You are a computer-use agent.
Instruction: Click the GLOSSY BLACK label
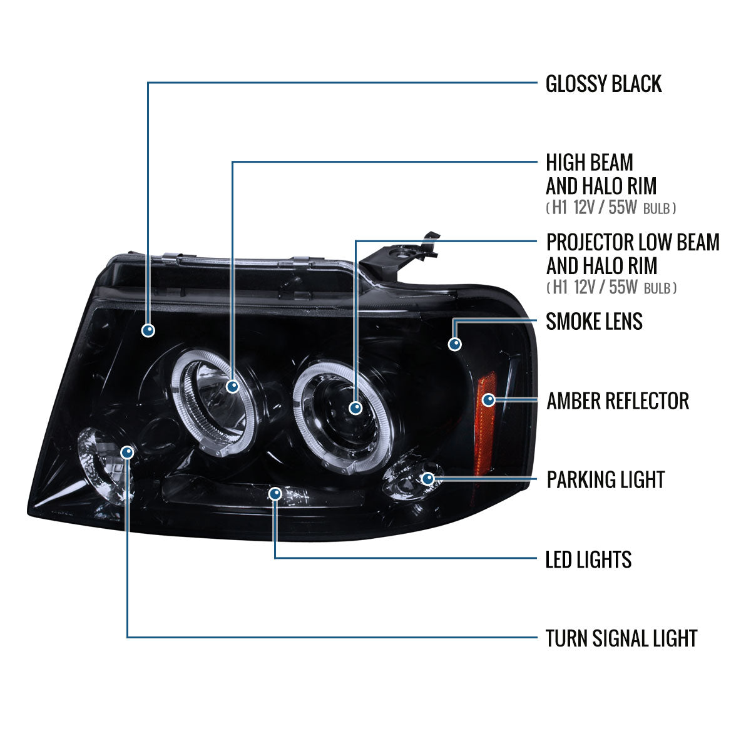pos(603,84)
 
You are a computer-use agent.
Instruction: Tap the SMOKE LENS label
pos(594,322)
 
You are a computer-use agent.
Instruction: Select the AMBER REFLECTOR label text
pos(618,401)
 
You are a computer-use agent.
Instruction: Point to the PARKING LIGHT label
pos(605,480)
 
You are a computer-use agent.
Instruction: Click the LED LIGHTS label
pos(588,559)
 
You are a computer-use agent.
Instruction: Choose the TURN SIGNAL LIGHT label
pos(621,638)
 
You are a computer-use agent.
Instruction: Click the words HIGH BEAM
pos(590,163)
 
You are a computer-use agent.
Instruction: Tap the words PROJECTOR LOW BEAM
pos(633,242)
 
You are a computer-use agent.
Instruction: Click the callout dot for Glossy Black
pos(148,330)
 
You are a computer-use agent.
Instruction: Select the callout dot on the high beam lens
pos(233,386)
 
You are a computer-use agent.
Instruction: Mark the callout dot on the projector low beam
pos(355,408)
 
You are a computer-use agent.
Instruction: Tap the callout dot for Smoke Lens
pos(455,344)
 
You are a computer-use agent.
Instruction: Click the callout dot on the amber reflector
pos(488,399)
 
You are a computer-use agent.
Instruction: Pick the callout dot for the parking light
pos(428,479)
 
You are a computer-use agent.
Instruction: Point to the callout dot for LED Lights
pos(275,494)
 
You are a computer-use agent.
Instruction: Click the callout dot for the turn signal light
pos(128,451)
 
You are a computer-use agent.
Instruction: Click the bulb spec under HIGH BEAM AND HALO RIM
pos(610,208)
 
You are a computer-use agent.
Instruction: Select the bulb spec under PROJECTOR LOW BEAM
pos(610,288)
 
